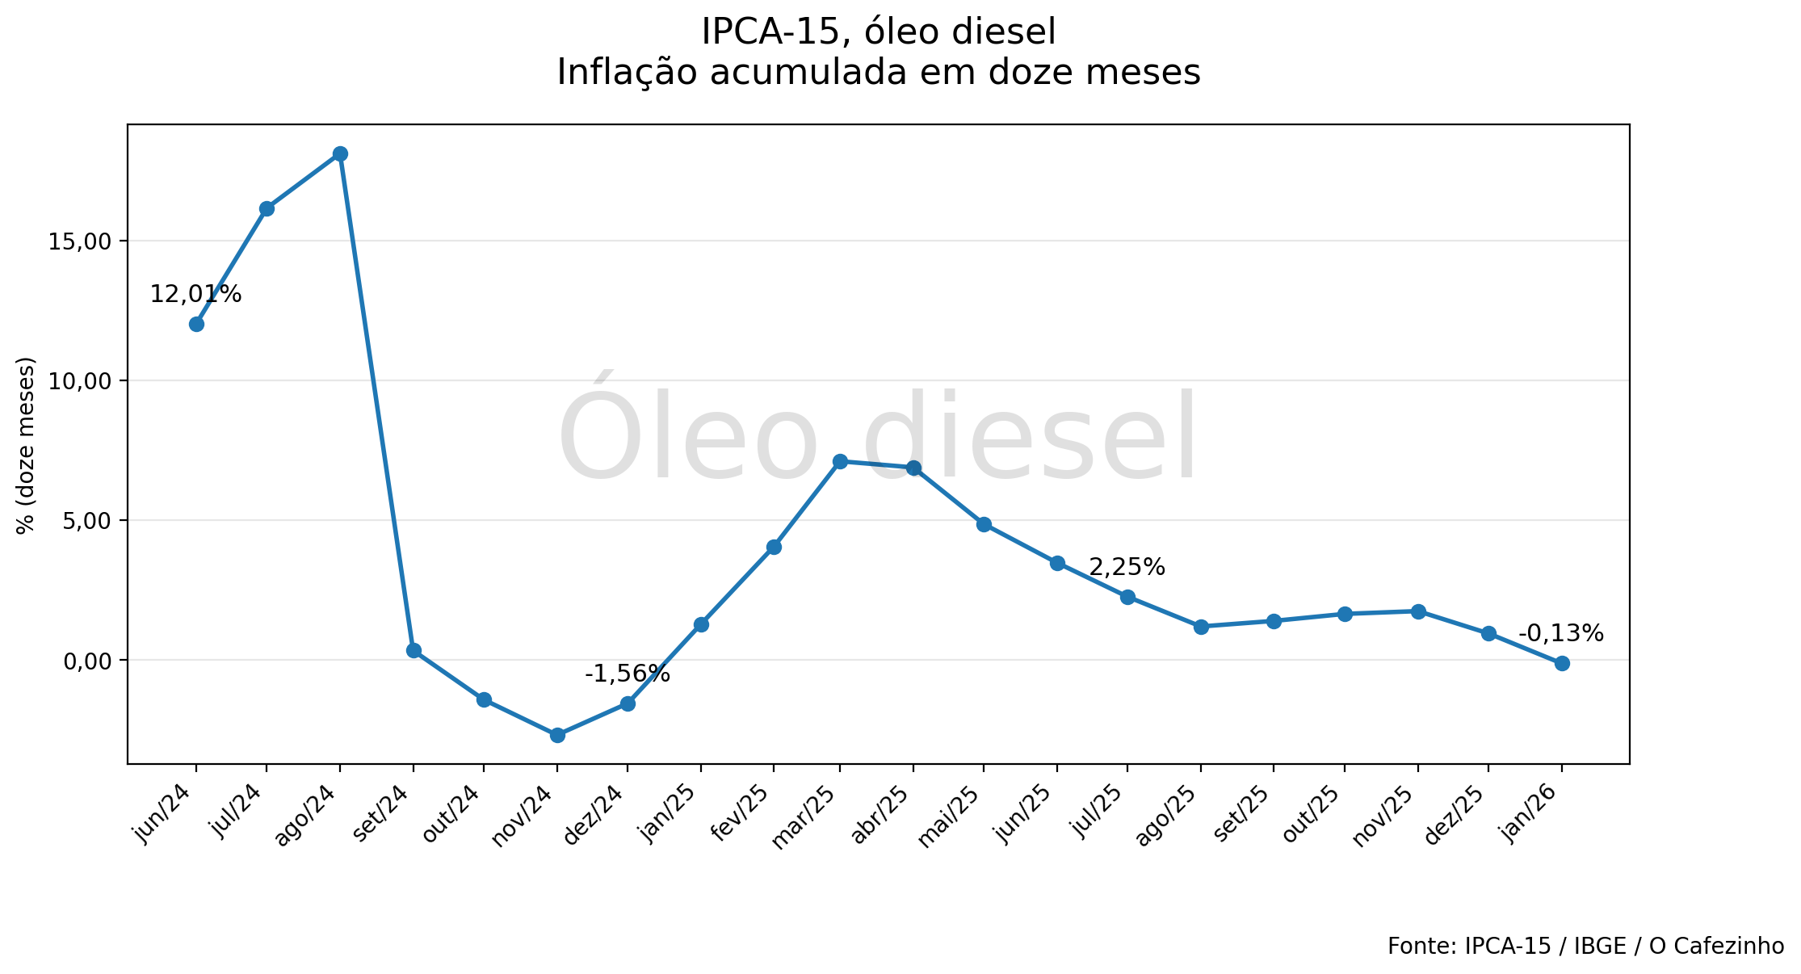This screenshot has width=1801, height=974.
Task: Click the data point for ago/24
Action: [x=340, y=154]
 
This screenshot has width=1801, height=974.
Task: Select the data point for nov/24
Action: [x=557, y=735]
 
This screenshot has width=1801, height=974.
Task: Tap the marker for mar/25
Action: [x=840, y=461]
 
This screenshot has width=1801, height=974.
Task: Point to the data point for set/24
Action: [x=414, y=650]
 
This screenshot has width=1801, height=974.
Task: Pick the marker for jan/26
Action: [x=1562, y=663]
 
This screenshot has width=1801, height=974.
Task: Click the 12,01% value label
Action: [x=195, y=295]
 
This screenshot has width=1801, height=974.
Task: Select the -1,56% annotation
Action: [x=628, y=674]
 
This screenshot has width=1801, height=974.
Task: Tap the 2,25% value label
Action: [x=1127, y=568]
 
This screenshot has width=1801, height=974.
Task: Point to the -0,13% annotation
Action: [x=1560, y=634]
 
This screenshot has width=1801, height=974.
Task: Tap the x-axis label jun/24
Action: [x=166, y=813]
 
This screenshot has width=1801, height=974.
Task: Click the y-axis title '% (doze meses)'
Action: [x=26, y=445]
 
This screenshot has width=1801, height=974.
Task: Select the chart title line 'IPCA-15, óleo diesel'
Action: [x=878, y=32]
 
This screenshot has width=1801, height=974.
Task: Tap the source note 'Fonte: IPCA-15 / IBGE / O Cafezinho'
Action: [x=1585, y=947]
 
